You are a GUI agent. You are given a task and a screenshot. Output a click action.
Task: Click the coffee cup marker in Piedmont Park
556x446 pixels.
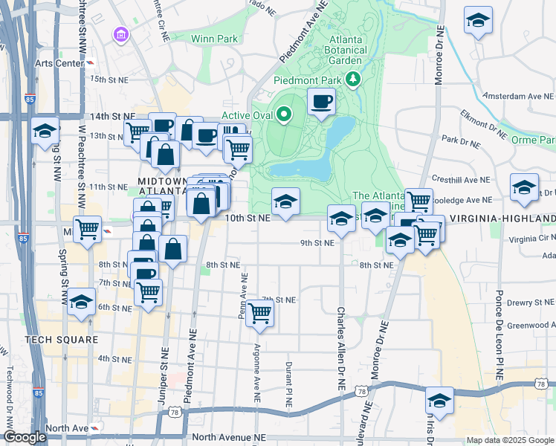321,102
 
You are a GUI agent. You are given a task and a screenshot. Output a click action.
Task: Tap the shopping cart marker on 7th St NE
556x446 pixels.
259,314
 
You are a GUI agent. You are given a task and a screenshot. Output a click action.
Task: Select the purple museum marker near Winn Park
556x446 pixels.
120,35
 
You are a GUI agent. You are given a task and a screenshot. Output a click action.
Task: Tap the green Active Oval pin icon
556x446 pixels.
283,114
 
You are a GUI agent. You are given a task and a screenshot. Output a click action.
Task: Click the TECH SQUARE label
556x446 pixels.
61,340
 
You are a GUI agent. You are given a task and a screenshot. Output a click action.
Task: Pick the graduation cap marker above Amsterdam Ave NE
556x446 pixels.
478,22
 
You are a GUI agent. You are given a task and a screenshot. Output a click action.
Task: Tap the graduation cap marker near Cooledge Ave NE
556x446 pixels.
524,188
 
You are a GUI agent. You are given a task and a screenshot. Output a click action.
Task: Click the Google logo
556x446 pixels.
24,438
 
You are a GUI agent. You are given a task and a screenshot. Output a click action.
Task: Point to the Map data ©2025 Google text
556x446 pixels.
510,440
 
